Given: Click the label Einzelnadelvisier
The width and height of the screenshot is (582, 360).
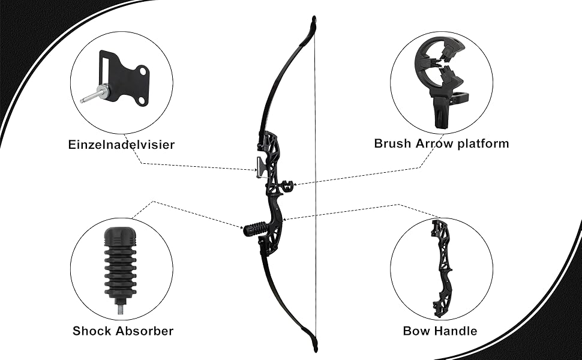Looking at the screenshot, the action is click(122, 144).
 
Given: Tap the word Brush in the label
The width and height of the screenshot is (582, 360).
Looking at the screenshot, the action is click(394, 143).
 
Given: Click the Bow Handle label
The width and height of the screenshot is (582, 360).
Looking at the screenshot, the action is click(440, 331).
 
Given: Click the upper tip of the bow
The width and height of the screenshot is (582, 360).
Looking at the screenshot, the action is click(313, 22).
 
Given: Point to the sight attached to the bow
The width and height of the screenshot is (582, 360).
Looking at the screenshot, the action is click(259, 166).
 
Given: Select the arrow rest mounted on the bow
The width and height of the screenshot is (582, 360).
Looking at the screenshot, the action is click(286, 185).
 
